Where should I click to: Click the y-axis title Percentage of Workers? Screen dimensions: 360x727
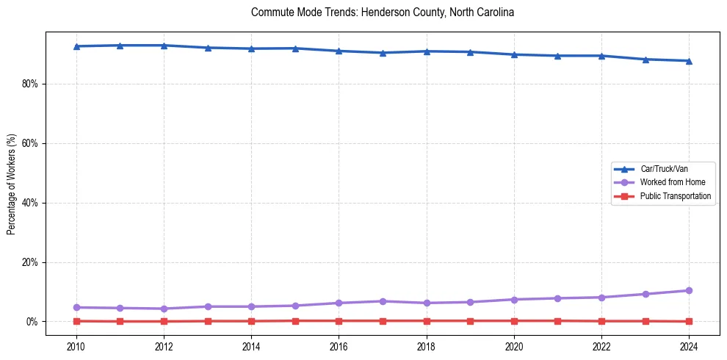(x=12, y=184)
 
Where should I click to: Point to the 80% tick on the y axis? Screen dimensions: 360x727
(x=30, y=84)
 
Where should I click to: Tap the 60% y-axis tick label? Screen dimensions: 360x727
(x=30, y=143)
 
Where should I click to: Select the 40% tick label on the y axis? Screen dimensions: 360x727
(x=30, y=203)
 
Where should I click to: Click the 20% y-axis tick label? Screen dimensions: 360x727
(x=30, y=262)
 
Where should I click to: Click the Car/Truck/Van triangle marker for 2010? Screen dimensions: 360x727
(x=76, y=46)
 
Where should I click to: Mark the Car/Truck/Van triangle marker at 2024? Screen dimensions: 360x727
(x=689, y=61)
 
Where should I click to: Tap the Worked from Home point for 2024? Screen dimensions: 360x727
(x=689, y=290)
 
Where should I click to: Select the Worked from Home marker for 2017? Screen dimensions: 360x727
(x=383, y=301)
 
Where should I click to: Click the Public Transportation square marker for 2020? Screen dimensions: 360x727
(x=514, y=320)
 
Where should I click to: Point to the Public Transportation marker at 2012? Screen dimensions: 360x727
(x=164, y=321)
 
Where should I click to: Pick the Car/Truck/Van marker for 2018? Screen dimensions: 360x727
(x=426, y=51)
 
